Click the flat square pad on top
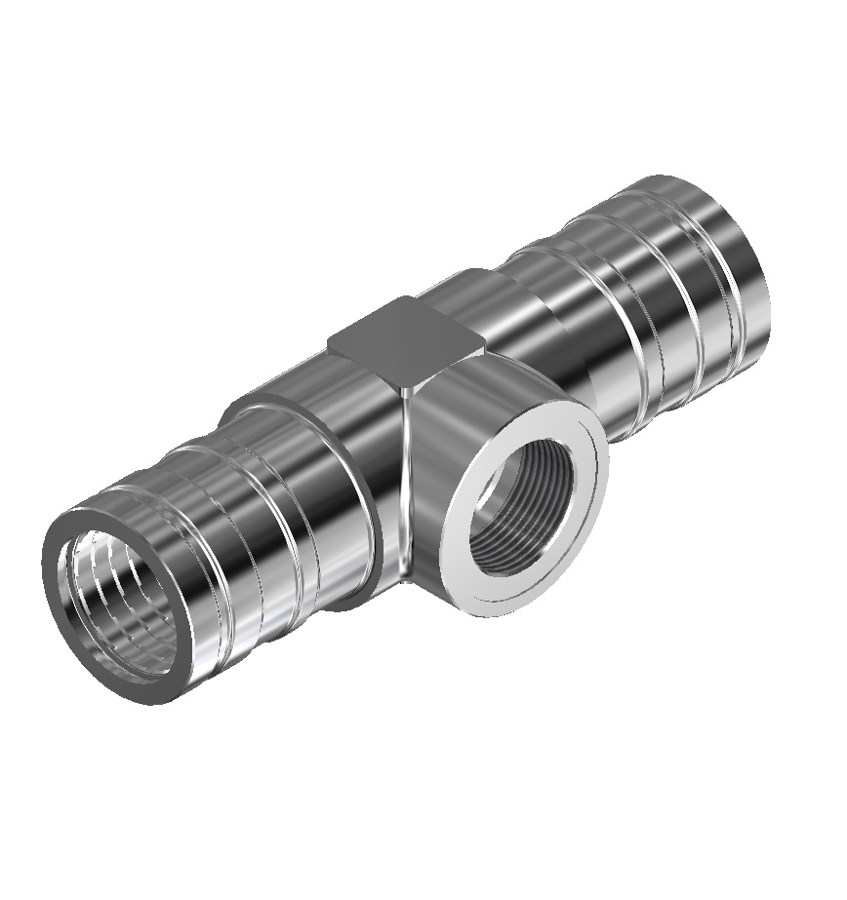pos(405,340)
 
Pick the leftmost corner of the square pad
pos(330,341)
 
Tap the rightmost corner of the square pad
pos(484,342)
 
